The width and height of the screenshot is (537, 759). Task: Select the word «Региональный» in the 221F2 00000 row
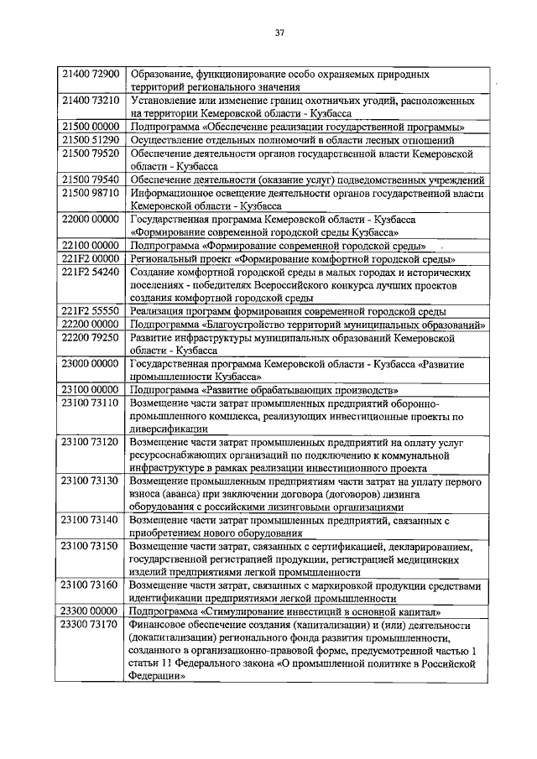tap(164, 259)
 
